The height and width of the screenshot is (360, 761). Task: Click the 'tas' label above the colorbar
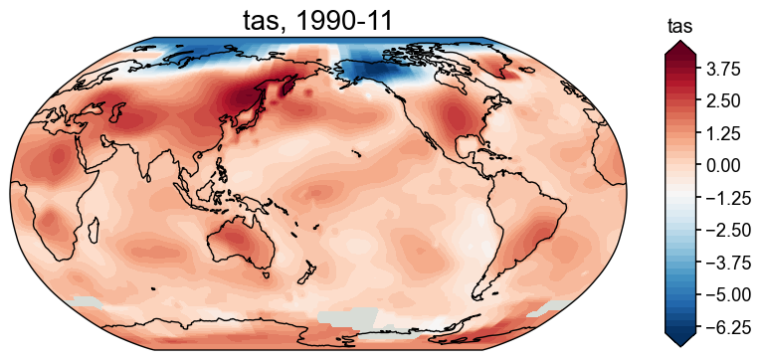pos(679,26)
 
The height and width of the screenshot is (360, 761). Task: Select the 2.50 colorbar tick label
pos(725,100)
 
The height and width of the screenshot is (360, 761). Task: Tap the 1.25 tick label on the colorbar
pos(725,133)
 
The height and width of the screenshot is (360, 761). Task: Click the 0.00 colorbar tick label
pos(725,165)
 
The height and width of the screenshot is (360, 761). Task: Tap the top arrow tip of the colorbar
pos(680,43)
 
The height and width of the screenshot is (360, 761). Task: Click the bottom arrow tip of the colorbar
pos(680,346)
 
